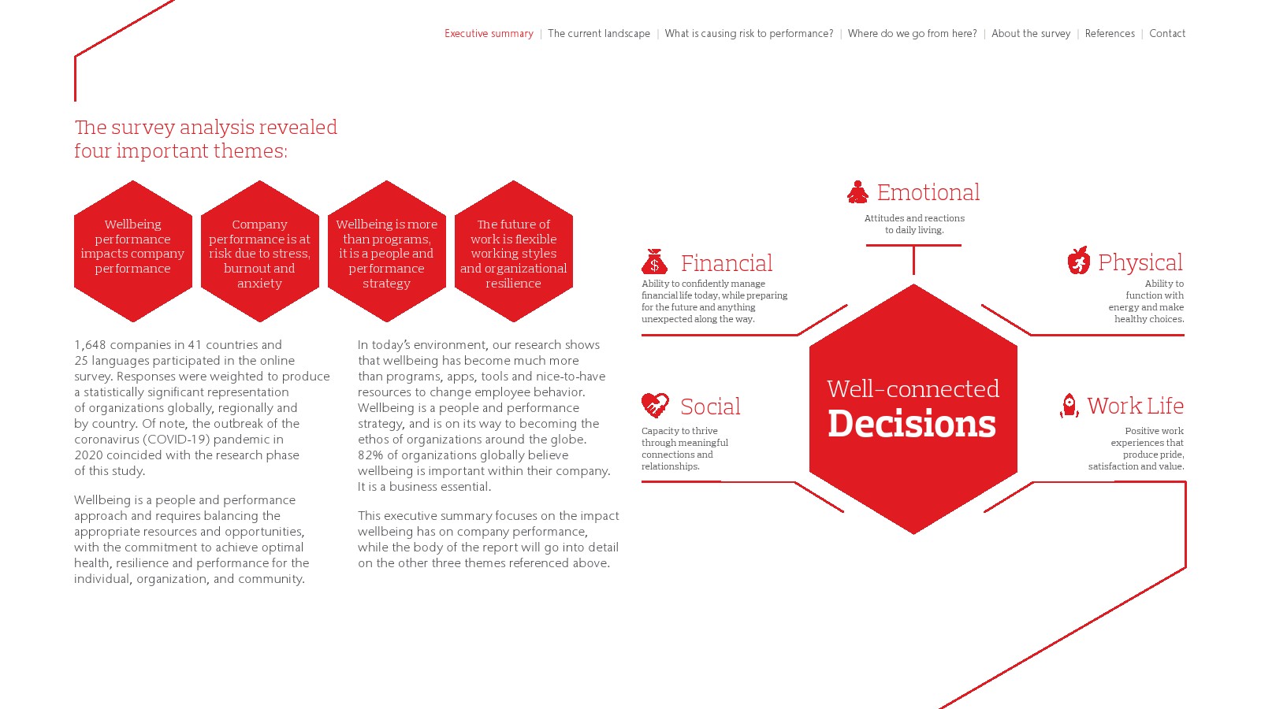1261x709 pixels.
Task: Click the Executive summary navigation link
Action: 489,34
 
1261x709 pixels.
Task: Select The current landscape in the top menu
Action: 598,34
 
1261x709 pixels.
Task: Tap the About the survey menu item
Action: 1031,34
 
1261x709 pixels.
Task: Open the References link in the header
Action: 1110,34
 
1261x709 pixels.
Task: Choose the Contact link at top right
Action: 1167,34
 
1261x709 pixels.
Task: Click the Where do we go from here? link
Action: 912,34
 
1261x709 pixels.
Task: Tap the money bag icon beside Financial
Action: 654,262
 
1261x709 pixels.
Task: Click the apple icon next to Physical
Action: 1078,261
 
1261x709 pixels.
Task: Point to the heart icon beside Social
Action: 655,405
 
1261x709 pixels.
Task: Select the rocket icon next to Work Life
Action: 1069,405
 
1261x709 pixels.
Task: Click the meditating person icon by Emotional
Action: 857,192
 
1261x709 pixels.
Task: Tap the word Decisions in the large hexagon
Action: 911,424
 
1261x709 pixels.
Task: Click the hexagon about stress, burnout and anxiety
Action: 259,251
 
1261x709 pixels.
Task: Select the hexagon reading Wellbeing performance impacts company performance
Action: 133,251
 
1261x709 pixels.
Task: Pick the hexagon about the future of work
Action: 513,251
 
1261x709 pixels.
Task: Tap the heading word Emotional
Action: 928,192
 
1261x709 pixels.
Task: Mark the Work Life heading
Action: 1135,406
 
